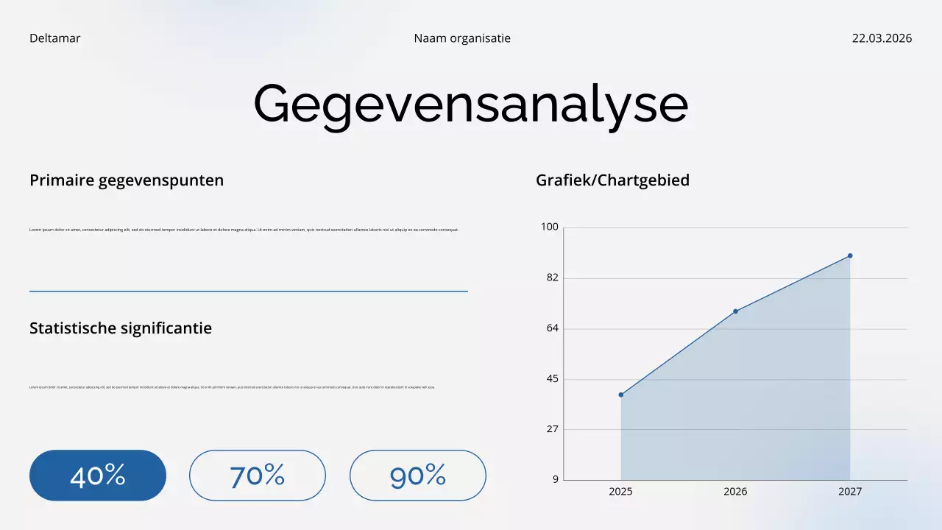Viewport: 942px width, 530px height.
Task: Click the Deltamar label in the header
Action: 54,38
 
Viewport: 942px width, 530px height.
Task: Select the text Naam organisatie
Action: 462,38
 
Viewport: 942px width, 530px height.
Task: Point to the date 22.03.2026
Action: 882,38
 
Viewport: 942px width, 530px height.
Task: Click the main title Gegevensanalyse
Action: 471,104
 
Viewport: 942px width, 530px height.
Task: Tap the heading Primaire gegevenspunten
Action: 127,180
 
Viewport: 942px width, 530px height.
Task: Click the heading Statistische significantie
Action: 121,328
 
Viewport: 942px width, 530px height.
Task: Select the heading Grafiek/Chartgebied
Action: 613,180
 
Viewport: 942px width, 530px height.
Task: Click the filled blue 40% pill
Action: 98,476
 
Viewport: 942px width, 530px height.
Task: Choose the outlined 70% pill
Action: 258,476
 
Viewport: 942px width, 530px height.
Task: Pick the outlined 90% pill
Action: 418,476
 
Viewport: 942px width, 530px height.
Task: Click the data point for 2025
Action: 621,395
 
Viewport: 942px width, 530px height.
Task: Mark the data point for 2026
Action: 735,311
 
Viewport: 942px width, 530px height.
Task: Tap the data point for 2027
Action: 850,255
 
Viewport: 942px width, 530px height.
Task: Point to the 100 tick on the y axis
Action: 550,227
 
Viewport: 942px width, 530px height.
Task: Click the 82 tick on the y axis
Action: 552,278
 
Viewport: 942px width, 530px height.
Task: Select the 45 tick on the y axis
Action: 552,379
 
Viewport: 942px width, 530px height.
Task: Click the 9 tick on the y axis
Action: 555,479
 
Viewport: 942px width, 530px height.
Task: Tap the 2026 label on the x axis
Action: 735,492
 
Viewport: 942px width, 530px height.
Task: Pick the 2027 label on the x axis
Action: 850,492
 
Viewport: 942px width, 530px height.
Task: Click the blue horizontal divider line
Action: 249,291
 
